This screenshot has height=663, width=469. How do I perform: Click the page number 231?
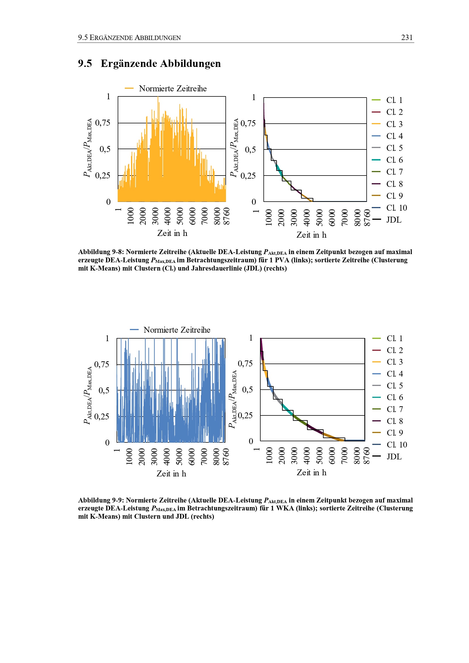click(407, 37)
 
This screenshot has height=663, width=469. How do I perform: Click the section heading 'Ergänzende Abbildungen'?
click(160, 64)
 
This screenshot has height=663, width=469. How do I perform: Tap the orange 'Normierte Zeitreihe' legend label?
click(173, 88)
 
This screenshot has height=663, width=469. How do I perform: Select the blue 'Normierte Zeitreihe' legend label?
click(177, 330)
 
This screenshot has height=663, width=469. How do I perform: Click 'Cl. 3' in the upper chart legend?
click(394, 124)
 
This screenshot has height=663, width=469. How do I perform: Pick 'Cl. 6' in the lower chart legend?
click(394, 397)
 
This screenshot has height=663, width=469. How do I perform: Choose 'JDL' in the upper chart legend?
click(394, 220)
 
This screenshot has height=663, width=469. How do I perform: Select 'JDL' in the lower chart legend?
click(394, 457)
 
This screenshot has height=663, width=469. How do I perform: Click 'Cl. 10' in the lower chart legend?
click(397, 445)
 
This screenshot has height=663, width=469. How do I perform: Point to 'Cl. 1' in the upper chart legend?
click(394, 100)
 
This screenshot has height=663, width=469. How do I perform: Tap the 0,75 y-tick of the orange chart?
click(103, 123)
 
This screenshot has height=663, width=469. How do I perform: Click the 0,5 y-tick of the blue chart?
click(104, 390)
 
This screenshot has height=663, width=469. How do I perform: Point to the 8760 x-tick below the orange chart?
click(227, 216)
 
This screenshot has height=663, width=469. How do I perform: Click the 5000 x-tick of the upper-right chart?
click(319, 218)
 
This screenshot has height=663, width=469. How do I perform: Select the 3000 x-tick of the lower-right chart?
click(294, 456)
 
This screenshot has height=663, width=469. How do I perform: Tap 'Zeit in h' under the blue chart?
click(171, 474)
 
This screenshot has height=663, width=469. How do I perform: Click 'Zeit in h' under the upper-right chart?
click(311, 235)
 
